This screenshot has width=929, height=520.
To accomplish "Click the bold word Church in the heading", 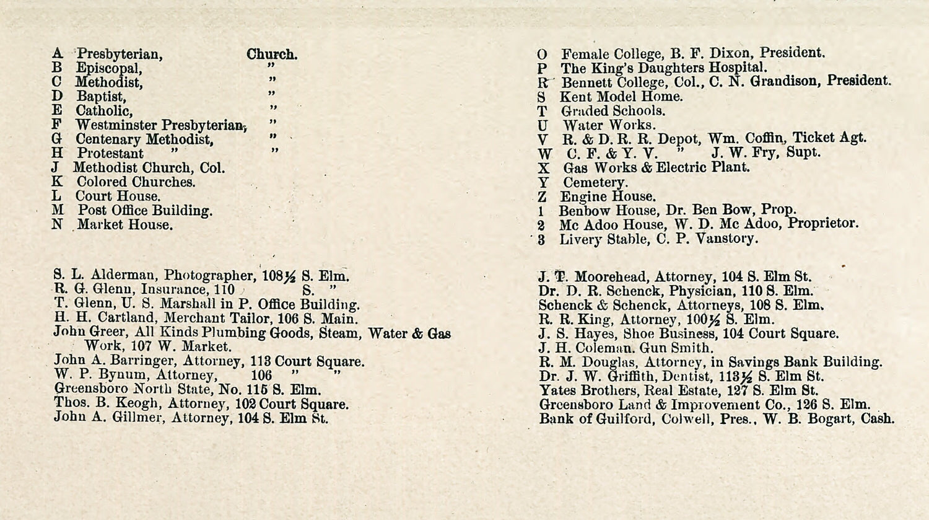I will tap(272, 55).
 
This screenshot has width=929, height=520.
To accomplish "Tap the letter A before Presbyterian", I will tap(58, 54).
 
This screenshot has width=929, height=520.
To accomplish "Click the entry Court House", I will tap(118, 196).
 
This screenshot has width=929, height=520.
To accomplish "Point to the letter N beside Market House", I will tap(57, 224).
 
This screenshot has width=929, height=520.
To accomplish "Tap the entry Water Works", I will tap(609, 125).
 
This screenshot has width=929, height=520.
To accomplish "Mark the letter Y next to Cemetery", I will tap(543, 183).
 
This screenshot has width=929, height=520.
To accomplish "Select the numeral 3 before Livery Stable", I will tap(541, 240).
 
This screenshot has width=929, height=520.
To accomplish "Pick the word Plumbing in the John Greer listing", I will tap(235, 333).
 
